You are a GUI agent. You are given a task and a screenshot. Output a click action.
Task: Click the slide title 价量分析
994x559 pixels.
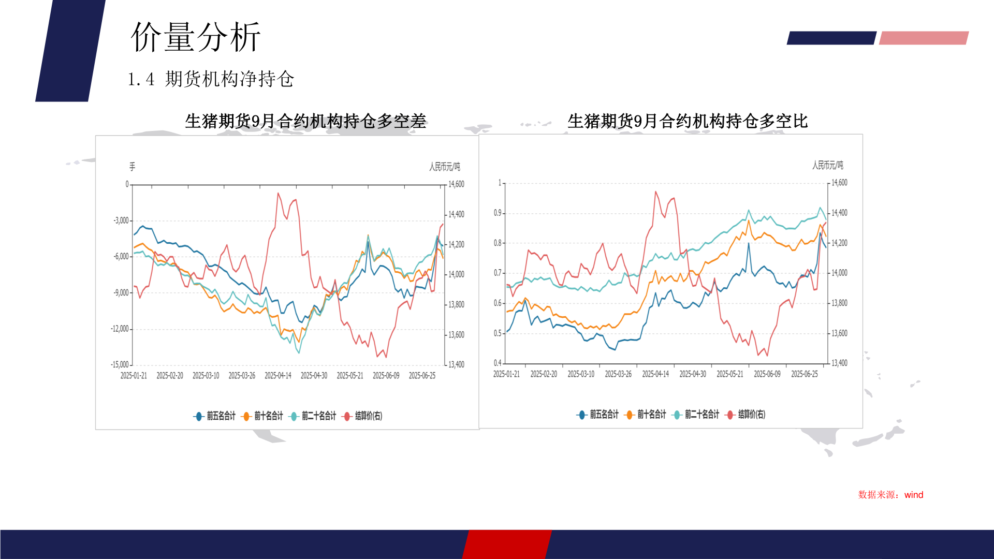click(196, 37)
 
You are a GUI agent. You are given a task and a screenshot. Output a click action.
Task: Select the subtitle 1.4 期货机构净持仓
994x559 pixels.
click(211, 79)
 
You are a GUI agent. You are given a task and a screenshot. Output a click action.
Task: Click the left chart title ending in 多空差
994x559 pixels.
click(305, 121)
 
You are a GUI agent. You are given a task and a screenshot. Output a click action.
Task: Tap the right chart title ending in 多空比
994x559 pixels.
click(688, 121)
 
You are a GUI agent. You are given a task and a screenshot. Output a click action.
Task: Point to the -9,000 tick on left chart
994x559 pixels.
click(121, 293)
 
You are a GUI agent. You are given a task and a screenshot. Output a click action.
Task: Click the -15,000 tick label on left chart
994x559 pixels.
click(120, 365)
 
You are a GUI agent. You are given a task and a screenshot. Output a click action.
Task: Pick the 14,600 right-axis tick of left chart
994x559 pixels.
click(456, 184)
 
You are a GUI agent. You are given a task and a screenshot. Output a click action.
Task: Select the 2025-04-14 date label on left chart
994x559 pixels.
click(278, 376)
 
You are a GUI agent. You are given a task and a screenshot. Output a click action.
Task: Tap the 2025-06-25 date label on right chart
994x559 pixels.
click(805, 374)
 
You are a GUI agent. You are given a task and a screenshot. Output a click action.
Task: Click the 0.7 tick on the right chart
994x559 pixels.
click(498, 273)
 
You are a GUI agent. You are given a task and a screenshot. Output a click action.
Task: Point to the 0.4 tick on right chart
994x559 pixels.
click(498, 363)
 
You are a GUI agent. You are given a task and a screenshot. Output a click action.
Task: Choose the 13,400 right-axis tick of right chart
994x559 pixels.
click(839, 363)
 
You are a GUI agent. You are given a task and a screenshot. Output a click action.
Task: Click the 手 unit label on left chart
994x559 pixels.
click(132, 167)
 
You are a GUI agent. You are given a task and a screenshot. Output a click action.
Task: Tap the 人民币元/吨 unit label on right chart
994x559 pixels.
click(827, 165)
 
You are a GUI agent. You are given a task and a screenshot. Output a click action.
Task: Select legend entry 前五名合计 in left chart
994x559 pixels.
click(215, 416)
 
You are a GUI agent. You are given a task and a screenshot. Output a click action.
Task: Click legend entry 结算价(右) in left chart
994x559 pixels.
click(363, 416)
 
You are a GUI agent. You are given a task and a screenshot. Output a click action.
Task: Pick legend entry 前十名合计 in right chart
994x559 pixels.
click(646, 415)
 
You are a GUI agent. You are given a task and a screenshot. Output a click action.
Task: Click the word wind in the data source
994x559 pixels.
click(914, 495)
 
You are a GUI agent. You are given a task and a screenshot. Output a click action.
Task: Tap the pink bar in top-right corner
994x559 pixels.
click(924, 38)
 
